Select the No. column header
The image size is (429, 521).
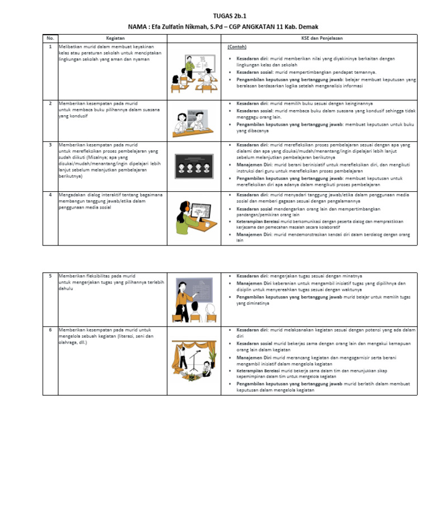(50, 38)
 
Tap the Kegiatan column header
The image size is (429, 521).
(115, 38)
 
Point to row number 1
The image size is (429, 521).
(50, 47)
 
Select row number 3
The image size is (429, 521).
(50, 145)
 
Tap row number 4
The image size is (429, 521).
(50, 195)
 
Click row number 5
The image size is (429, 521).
(50, 276)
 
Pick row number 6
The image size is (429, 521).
(50, 330)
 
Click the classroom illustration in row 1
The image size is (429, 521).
(194, 71)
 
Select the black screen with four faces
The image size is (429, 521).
(194, 166)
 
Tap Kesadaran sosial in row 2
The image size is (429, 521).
(254, 111)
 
